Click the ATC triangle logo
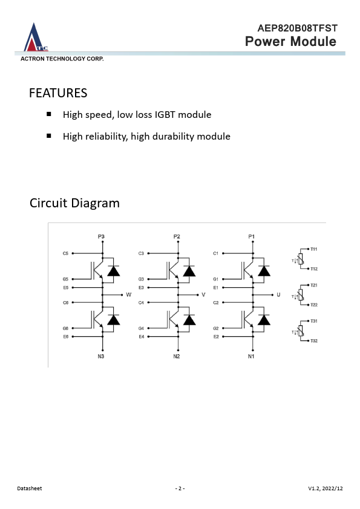pyautogui.click(x=36, y=37)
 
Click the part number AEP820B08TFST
pyautogui.click(x=297, y=28)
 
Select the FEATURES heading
pyautogui.click(x=58, y=93)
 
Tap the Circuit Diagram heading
pyautogui.click(x=74, y=203)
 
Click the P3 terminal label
pyautogui.click(x=101, y=236)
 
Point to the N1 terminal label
pyautogui.click(x=251, y=357)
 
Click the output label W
pyautogui.click(x=129, y=295)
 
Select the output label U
pyautogui.click(x=278, y=295)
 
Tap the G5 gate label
pyautogui.click(x=65, y=279)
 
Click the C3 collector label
pyautogui.click(x=141, y=253)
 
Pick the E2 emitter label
pyautogui.click(x=216, y=337)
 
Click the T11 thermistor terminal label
pyautogui.click(x=313, y=249)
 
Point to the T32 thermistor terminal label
pyautogui.click(x=314, y=341)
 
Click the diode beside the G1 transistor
pyautogui.click(x=264, y=271)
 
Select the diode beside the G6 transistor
pyautogui.click(x=113, y=320)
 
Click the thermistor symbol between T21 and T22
pyautogui.click(x=301, y=295)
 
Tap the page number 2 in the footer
pyautogui.click(x=180, y=488)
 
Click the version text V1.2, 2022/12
pyautogui.click(x=326, y=488)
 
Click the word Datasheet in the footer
pyautogui.click(x=30, y=488)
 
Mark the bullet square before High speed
pyautogui.click(x=49, y=114)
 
